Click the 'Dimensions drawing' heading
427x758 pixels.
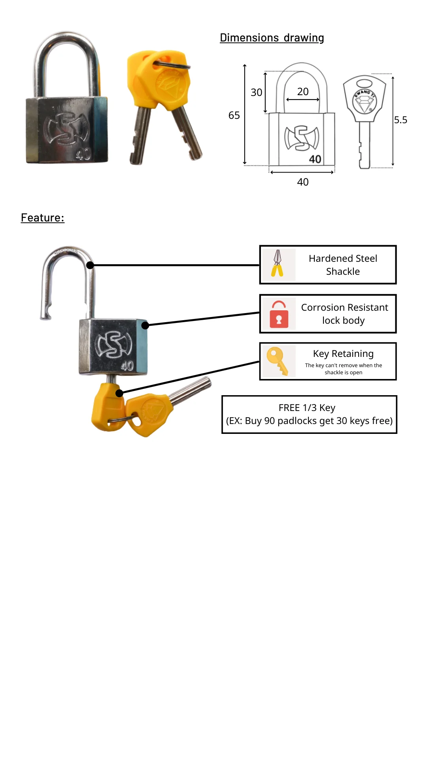[x=272, y=38]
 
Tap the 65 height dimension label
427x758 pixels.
[x=234, y=115]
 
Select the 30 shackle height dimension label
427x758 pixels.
[x=256, y=92]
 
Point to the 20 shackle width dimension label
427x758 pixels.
[x=303, y=92]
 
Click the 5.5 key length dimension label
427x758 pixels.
[x=401, y=120]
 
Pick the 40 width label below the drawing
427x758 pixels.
[x=303, y=182]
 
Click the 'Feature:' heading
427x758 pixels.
[x=43, y=218]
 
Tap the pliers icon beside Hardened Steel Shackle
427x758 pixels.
[x=278, y=264]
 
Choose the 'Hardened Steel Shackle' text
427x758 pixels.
[x=343, y=265]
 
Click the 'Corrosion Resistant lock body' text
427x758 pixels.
[x=344, y=314]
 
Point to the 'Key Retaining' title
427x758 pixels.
[x=343, y=354]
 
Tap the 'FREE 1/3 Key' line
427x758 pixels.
[x=307, y=408]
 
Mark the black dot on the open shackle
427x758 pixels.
[x=90, y=265]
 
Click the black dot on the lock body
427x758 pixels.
[x=145, y=325]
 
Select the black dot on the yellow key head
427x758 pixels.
[x=119, y=393]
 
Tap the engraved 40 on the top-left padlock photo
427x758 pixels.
[x=83, y=154]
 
